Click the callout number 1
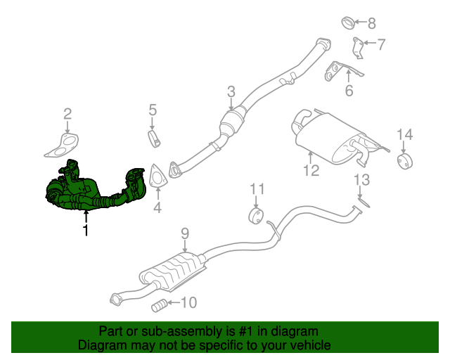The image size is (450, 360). pyautogui.click(x=86, y=230)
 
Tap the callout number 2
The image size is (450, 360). pyautogui.click(x=67, y=113)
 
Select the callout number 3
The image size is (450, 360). pyautogui.click(x=231, y=91)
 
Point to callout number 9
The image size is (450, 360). pyautogui.click(x=185, y=233)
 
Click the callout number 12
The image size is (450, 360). pyautogui.click(x=311, y=169)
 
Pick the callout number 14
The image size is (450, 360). pyautogui.click(x=404, y=134)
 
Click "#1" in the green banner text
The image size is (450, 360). pyautogui.click(x=229, y=331)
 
